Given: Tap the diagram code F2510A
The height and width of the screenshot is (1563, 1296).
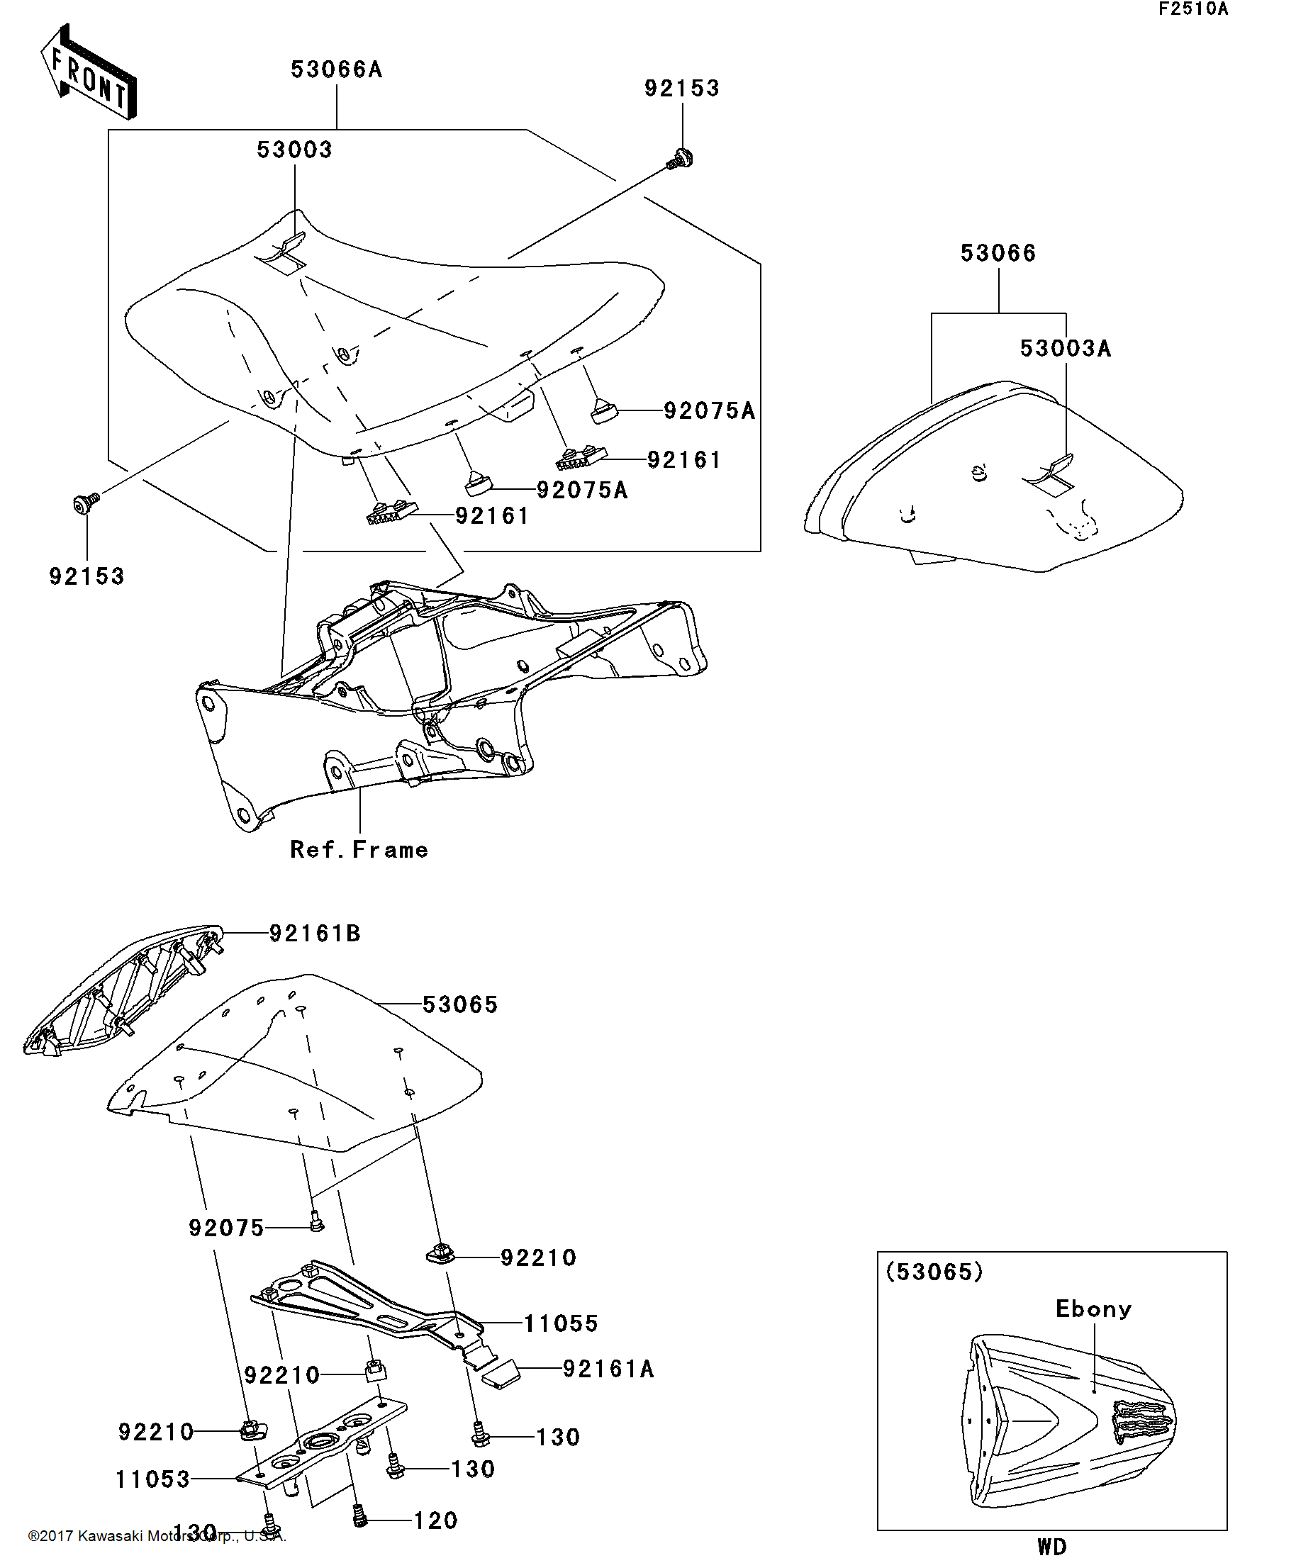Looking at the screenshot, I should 1192,10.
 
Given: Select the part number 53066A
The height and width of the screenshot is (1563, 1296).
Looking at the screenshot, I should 337,70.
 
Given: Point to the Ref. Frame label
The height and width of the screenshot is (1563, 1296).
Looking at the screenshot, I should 359,850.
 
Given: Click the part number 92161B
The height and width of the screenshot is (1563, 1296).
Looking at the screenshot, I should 315,934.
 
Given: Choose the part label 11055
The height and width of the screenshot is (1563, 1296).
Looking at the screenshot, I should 562,1323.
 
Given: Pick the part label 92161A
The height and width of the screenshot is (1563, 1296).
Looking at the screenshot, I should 608,1369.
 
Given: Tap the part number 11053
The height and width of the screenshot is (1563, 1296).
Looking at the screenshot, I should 153,1479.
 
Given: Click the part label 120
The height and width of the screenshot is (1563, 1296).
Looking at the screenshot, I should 435,1520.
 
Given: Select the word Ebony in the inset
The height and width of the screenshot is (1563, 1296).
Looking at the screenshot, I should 1093,1309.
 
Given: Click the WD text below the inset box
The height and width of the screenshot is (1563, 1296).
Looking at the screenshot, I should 1051,1547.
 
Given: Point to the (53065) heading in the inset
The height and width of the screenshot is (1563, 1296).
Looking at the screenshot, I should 934,1271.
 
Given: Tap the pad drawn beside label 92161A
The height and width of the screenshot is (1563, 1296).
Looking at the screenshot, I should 501,1374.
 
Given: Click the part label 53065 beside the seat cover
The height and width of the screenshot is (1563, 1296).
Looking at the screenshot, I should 460,1005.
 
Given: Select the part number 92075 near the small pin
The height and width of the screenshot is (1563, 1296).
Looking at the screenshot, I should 226,1227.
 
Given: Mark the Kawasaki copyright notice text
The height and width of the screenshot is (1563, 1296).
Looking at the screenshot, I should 156,1535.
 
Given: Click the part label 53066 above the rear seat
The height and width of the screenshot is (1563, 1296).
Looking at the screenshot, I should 998,253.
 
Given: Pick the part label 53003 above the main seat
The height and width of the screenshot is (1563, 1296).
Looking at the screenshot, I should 294,150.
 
